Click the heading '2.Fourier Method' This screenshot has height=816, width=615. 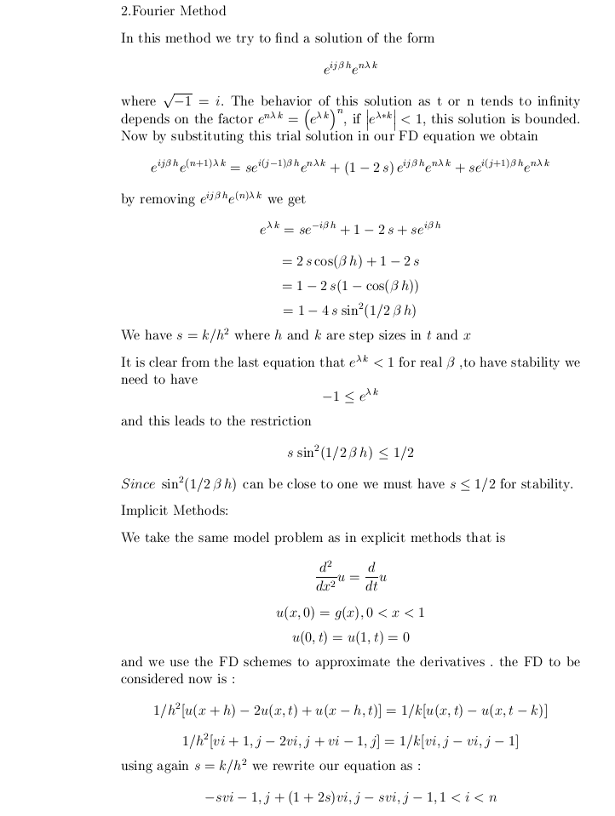pyautogui.click(x=174, y=12)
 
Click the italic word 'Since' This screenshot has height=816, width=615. pyautogui.click(x=137, y=485)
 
